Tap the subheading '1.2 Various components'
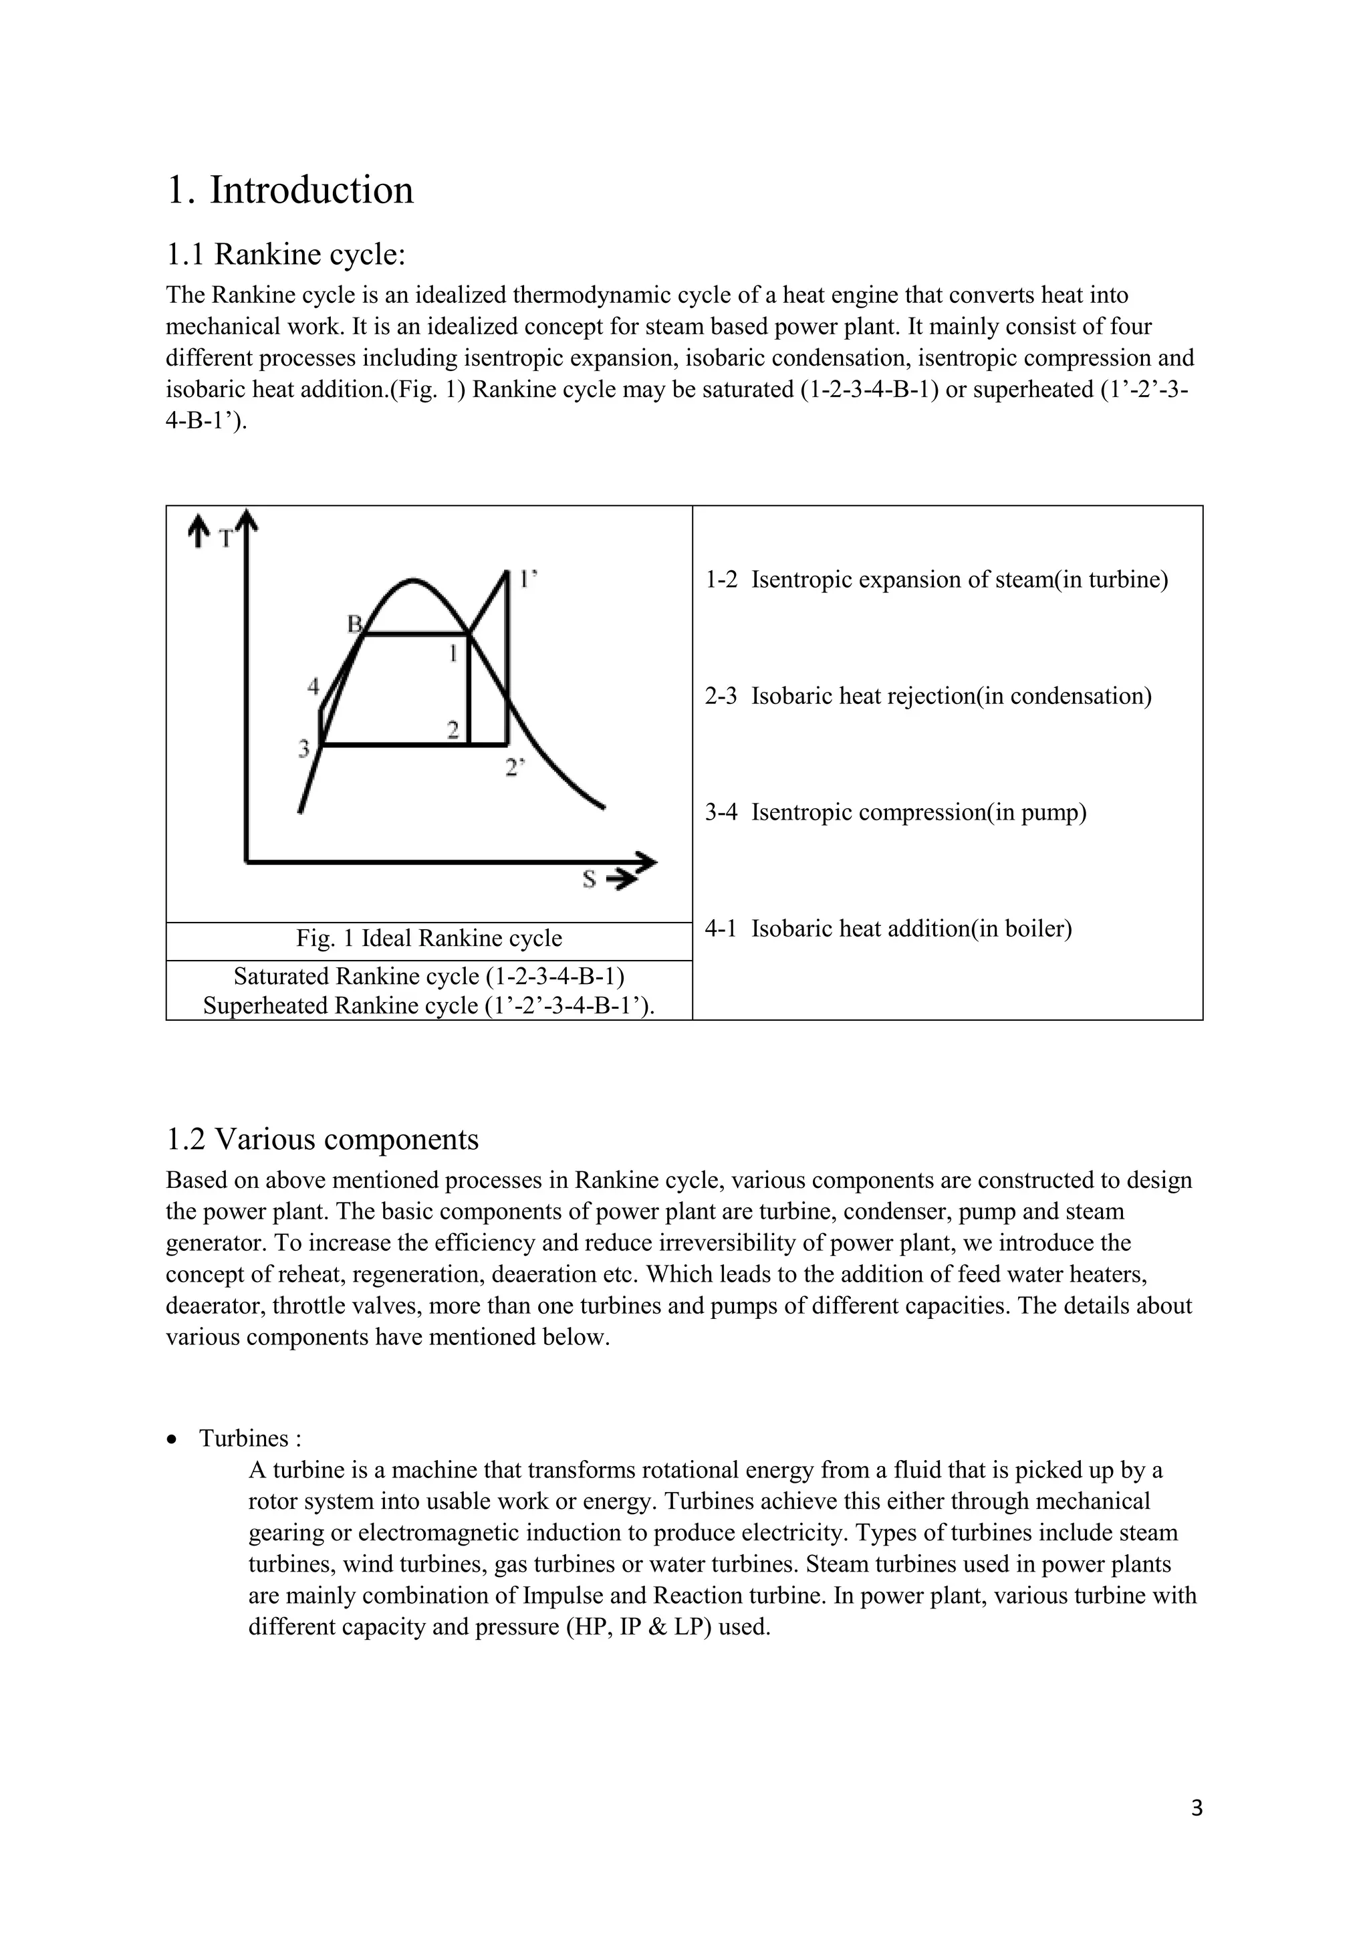pyautogui.click(x=322, y=1139)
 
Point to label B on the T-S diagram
pyautogui.click(x=355, y=623)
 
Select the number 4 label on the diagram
pyautogui.click(x=314, y=687)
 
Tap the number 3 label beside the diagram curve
pyautogui.click(x=304, y=747)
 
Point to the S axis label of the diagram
pyautogui.click(x=589, y=880)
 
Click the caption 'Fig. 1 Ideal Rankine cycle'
pyautogui.click(x=428, y=939)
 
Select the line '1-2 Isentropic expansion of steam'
pyautogui.click(x=936, y=580)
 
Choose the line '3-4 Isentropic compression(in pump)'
pyautogui.click(x=895, y=813)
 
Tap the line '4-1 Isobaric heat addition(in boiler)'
pyautogui.click(x=888, y=929)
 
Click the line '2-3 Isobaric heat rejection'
pyautogui.click(x=927, y=697)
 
